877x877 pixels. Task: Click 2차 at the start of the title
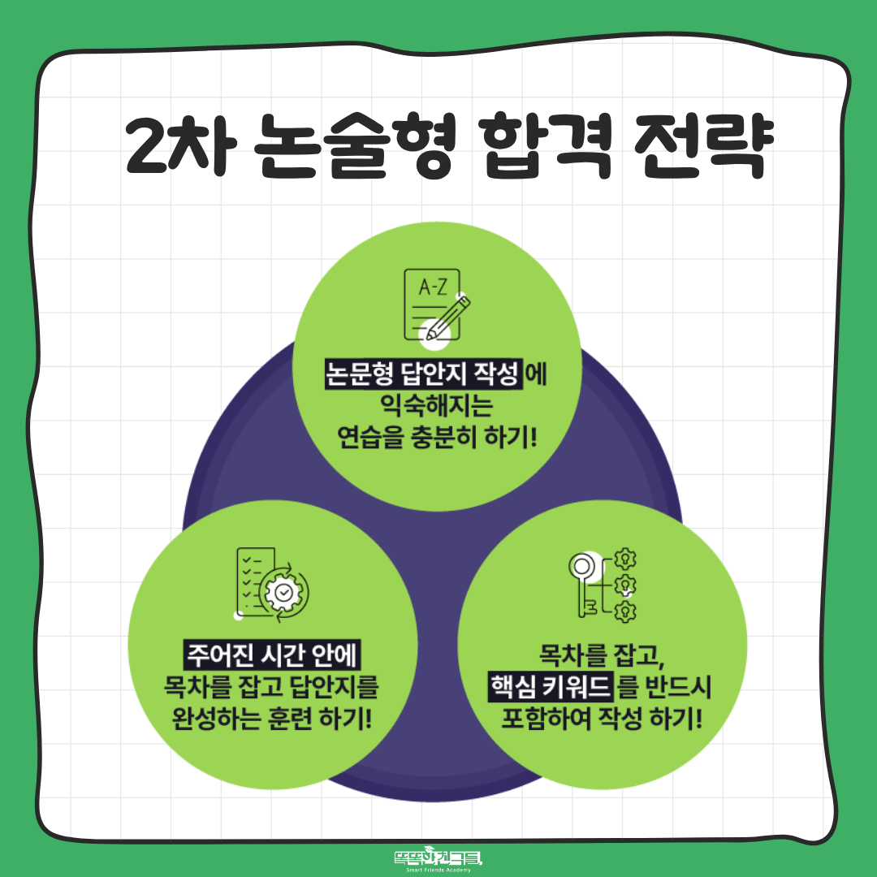tap(178, 145)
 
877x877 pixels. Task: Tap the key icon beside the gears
tap(584, 585)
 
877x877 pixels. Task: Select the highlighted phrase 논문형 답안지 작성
tap(423, 374)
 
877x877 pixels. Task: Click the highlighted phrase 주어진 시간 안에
tap(272, 655)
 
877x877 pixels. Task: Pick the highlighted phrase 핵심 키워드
tap(551, 686)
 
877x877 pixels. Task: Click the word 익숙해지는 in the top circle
tap(436, 405)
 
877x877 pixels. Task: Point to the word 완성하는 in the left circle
tap(216, 718)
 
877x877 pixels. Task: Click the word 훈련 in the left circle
tap(289, 718)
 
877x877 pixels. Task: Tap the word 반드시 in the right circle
tap(678, 686)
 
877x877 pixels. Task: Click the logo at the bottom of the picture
tap(438, 858)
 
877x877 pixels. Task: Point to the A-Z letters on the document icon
tap(433, 287)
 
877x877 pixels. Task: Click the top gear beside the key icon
tap(625, 559)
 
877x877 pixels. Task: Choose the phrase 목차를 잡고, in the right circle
tap(602, 655)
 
